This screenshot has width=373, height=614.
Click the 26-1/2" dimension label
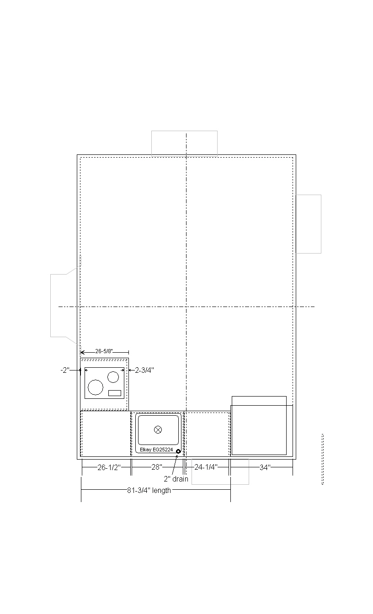click(x=109, y=467)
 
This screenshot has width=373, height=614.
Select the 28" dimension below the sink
click(x=157, y=467)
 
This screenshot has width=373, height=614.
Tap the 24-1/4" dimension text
click(x=206, y=467)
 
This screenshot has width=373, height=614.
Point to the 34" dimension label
click(x=265, y=467)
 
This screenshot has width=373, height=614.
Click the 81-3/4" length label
click(x=149, y=490)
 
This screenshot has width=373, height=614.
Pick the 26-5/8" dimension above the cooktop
click(x=104, y=351)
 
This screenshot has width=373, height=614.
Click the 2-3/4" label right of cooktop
click(x=144, y=370)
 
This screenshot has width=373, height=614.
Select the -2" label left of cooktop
click(x=65, y=370)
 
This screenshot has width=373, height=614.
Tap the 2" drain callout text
click(x=176, y=479)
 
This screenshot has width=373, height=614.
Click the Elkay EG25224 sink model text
click(x=156, y=450)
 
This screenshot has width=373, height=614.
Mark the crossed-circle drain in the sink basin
click(x=158, y=429)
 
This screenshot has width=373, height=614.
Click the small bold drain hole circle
click(x=178, y=451)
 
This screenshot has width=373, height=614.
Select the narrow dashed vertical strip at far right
click(x=323, y=459)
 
